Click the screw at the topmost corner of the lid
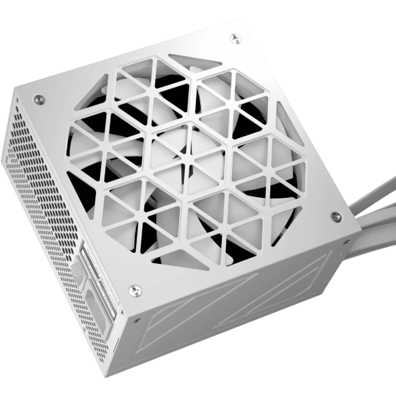point(233,37)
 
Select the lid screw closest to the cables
point(334,216)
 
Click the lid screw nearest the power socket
point(136,289)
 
